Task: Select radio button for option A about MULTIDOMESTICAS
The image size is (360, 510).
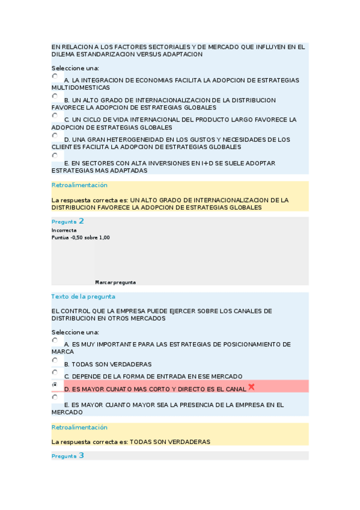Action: (x=55, y=76)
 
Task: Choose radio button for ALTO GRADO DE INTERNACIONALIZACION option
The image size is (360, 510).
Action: (x=55, y=96)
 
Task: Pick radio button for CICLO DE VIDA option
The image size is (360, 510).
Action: (x=55, y=115)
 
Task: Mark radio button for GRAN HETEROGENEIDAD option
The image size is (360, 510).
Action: (x=55, y=135)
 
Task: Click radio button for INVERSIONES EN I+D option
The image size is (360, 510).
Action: (x=55, y=155)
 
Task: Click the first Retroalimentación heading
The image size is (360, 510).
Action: (x=79, y=185)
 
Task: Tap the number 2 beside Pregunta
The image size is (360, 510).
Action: (x=81, y=221)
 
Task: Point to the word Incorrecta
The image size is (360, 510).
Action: (x=64, y=230)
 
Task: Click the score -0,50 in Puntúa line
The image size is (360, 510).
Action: (x=76, y=238)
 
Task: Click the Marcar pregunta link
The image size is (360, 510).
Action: (x=115, y=282)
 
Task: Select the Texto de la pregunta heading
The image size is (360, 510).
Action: (x=83, y=296)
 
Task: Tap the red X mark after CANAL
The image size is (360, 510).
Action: (x=251, y=387)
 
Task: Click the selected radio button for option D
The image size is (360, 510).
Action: (x=55, y=384)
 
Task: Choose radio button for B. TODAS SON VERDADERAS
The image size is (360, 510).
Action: (x=55, y=360)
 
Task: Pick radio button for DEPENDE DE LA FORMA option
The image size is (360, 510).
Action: (x=55, y=372)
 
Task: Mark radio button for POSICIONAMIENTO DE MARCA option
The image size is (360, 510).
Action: (x=55, y=340)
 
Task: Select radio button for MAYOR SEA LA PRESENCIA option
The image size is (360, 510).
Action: (x=55, y=397)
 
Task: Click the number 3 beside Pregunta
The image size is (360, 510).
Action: (x=81, y=456)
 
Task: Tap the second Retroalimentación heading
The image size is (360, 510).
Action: (x=79, y=428)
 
